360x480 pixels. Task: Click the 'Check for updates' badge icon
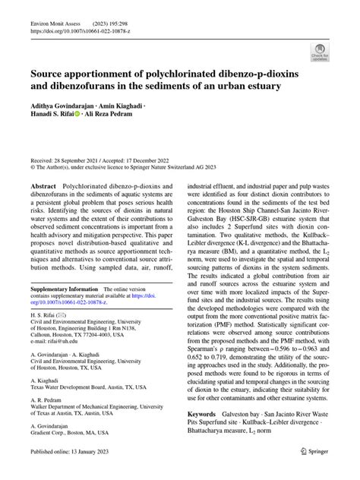[320, 52]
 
